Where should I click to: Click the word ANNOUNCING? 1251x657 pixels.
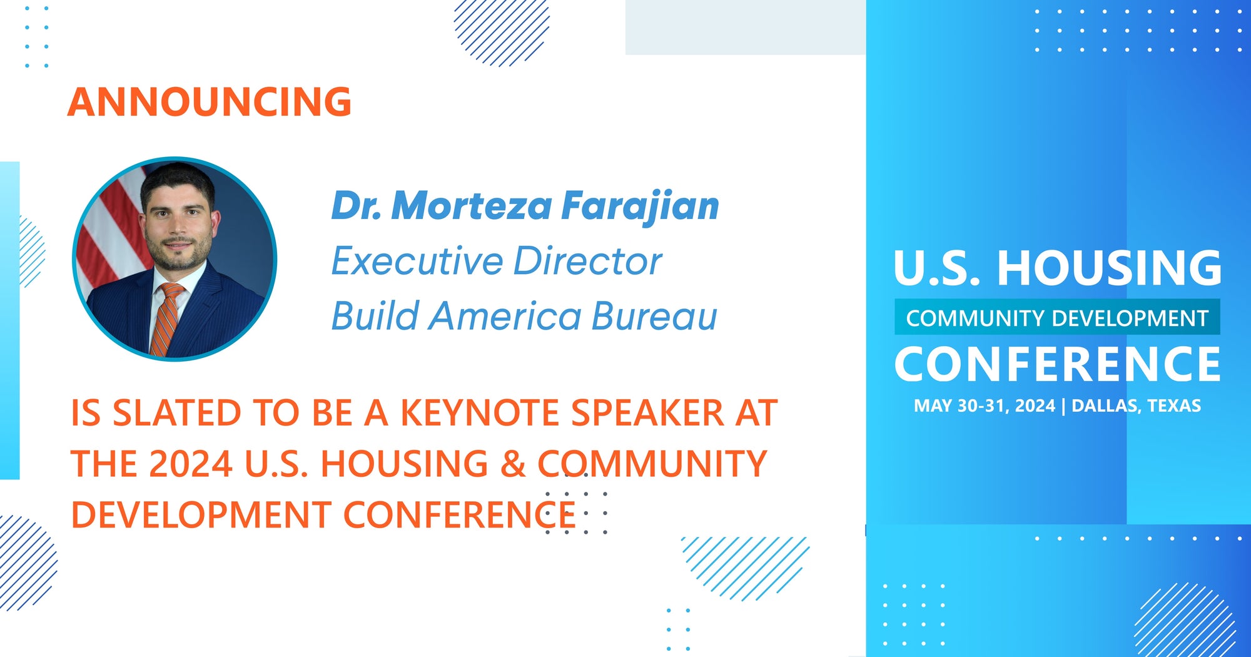coord(210,102)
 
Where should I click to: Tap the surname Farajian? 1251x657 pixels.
coord(640,207)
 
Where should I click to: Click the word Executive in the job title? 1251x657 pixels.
coord(417,261)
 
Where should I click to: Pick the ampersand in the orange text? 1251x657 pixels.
coord(513,464)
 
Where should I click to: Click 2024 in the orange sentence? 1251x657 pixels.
coord(191,464)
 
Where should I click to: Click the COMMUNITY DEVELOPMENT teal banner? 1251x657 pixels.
coord(1057,318)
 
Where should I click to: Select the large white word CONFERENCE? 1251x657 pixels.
coord(1057,365)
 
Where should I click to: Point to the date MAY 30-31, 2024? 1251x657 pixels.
coord(984,406)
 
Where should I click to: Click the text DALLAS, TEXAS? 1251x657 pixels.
coord(1136,406)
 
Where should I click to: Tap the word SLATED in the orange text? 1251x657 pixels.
coord(177,414)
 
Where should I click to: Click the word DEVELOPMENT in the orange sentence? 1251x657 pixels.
coord(201,515)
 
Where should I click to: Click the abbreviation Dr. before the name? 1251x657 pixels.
coord(356,206)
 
